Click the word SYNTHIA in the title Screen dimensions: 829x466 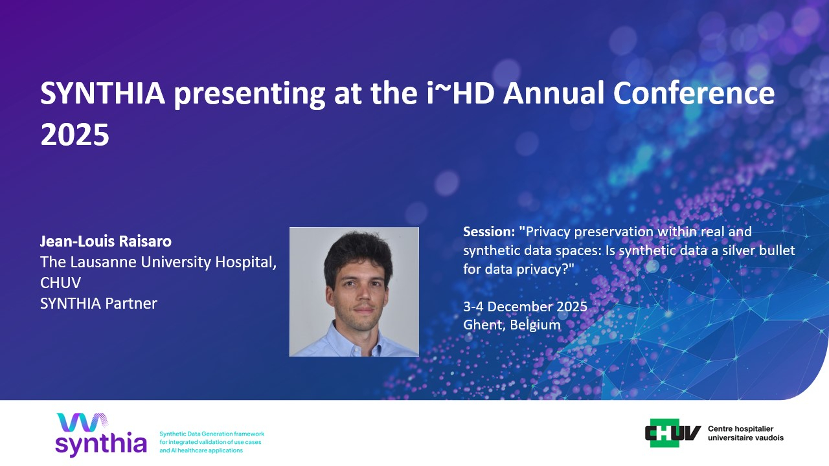pos(102,93)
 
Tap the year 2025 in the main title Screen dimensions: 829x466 pos(74,135)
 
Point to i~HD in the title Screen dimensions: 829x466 pos(460,93)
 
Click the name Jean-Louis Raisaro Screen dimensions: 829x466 pos(106,241)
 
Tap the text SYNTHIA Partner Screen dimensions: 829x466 pos(98,304)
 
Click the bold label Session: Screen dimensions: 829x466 pos(489,232)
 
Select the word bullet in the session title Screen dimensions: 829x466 pos(777,250)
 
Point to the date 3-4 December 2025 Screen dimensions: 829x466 pos(525,307)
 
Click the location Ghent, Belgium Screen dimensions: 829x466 pos(512,325)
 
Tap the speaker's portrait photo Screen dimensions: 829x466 pos(354,292)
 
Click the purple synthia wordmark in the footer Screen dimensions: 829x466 pos(101,443)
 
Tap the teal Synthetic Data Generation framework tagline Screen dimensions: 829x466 pos(212,442)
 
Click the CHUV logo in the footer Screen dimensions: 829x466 pos(673,433)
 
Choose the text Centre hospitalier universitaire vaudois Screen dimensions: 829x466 pos(745,433)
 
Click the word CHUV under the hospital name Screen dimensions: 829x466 pos(60,283)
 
